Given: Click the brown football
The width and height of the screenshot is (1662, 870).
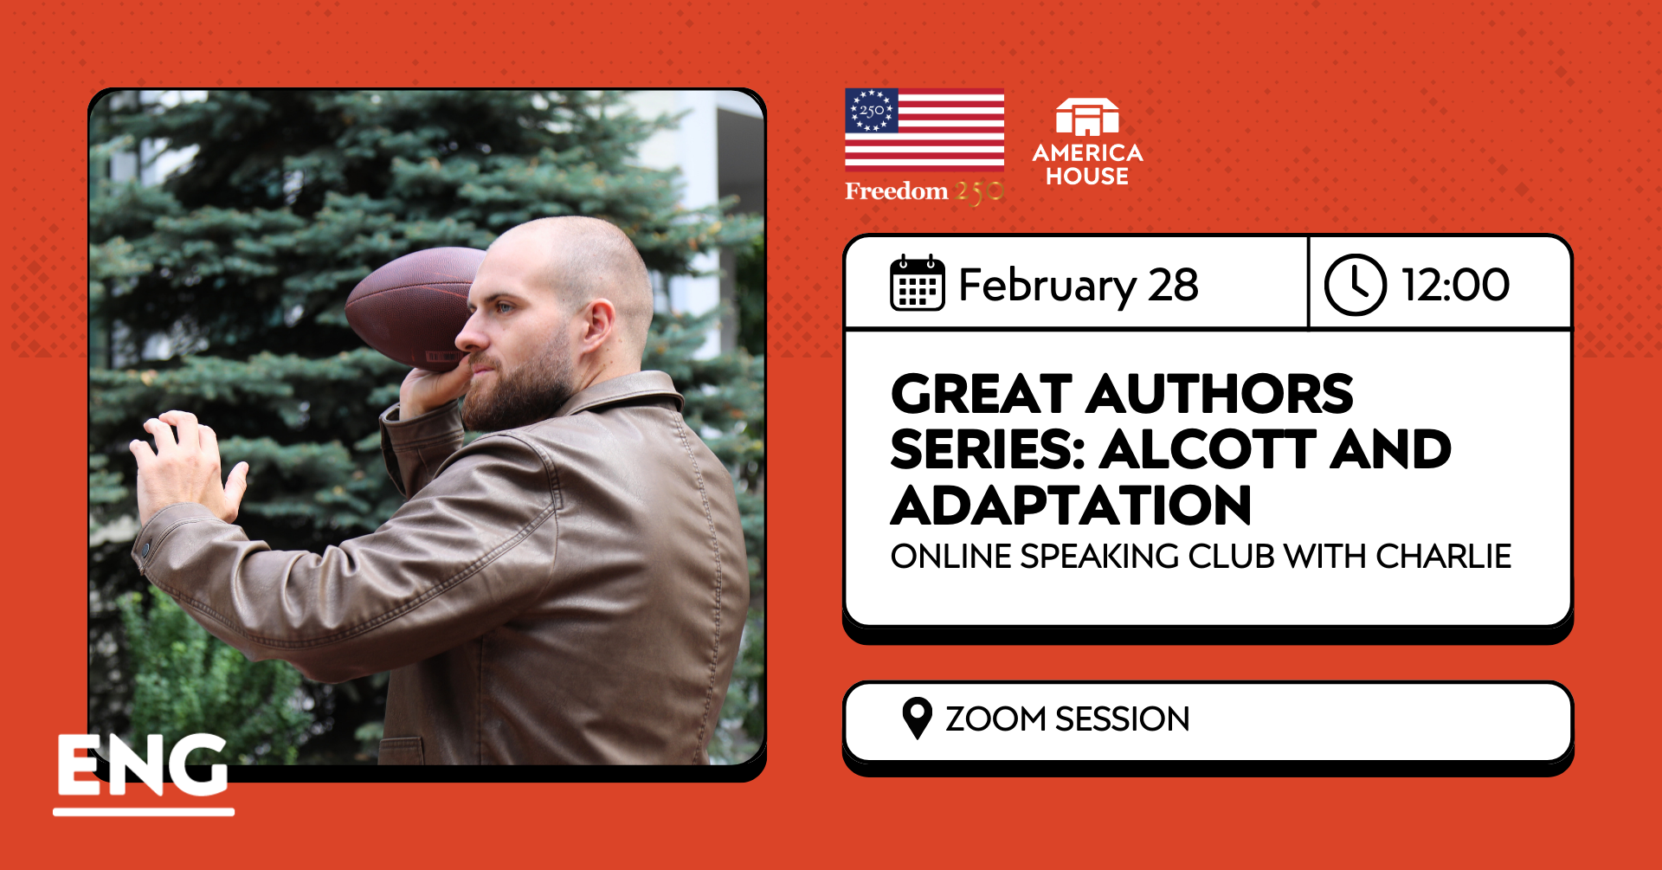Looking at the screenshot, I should click(407, 303).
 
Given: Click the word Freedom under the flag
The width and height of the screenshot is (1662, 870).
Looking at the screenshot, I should click(896, 191).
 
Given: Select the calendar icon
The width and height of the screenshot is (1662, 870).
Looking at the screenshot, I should click(917, 283).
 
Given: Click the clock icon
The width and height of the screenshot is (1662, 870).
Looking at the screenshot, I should click(1355, 284).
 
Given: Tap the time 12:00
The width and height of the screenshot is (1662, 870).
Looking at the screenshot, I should click(1455, 285).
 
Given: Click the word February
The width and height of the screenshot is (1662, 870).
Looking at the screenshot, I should click(1047, 286).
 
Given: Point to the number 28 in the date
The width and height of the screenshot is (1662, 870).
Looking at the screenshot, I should click(1173, 285).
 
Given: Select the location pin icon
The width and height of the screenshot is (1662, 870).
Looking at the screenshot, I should click(917, 718).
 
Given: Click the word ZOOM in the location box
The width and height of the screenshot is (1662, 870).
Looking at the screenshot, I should click(995, 719).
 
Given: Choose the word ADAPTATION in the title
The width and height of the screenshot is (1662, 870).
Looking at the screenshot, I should click(1071, 506).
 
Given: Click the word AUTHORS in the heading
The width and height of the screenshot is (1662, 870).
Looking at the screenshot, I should click(1219, 395).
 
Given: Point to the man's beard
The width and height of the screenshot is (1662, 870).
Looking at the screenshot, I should click(519, 390).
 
